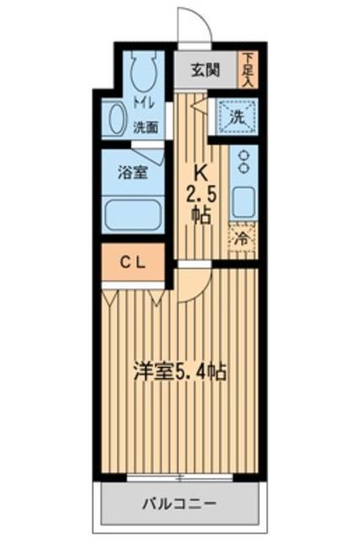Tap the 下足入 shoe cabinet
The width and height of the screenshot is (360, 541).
pyautogui.click(x=248, y=69)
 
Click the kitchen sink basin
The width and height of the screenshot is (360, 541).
pyautogui.click(x=244, y=201)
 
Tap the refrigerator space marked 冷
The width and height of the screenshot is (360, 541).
pyautogui.click(x=243, y=239)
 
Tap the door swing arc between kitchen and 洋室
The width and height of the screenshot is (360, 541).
pyautogui.click(x=192, y=283)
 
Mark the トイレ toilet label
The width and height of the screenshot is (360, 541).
pyautogui.click(x=145, y=107)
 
